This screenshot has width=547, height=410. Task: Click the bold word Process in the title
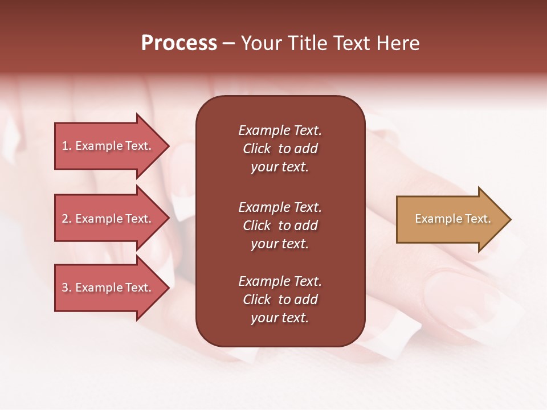(x=179, y=43)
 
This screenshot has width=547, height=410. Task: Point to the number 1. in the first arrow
(x=67, y=146)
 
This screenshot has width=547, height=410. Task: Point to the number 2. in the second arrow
(x=67, y=219)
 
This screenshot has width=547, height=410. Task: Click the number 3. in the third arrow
(x=67, y=288)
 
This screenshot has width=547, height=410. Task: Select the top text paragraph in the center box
(x=280, y=149)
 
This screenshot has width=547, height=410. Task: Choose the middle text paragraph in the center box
(x=280, y=225)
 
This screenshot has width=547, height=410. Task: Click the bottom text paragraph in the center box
(x=280, y=300)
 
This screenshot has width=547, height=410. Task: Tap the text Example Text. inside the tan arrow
(x=453, y=219)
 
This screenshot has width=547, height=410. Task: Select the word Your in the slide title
(x=263, y=43)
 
